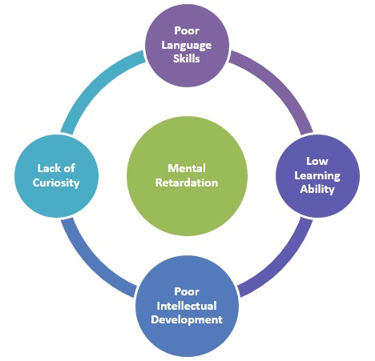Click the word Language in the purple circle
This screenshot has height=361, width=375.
[x=187, y=46]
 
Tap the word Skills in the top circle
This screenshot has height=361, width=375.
[x=187, y=58]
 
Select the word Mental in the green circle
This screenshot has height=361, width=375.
[x=187, y=168]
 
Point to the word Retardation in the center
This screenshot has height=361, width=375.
[x=187, y=183]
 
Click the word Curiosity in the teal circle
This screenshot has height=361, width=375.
[x=56, y=183]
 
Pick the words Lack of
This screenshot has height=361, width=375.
[x=56, y=168]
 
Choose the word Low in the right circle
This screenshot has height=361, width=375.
[x=317, y=161]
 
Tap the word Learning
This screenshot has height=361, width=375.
[x=317, y=176]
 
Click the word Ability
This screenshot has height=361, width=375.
[x=317, y=189]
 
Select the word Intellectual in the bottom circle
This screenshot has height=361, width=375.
[x=187, y=306]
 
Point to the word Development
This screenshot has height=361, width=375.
[x=187, y=319]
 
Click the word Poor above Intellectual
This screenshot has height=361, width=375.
[x=187, y=291]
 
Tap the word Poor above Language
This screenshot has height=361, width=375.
[x=187, y=30]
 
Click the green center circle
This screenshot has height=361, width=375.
[x=187, y=176]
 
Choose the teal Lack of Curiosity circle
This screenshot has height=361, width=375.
[x=56, y=176]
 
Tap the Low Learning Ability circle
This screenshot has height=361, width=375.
[x=317, y=176]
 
